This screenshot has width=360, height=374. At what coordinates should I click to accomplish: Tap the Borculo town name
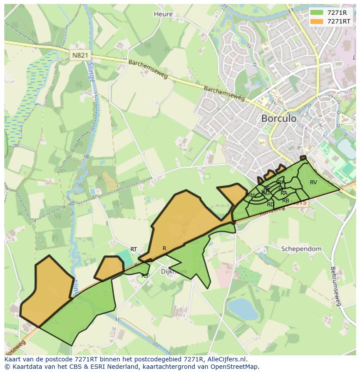pos(279,118)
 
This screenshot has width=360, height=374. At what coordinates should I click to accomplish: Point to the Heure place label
pos(163,14)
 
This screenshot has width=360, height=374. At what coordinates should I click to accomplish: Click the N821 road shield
pos(80,55)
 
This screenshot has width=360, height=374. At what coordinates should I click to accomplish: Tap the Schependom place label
pos(301,249)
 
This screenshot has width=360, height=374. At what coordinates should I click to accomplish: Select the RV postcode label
pos(313,182)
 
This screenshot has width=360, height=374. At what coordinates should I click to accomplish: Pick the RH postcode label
pos(251,195)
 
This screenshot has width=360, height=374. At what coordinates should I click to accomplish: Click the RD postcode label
pos(270,204)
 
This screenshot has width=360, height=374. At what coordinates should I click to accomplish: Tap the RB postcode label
pos(286,201)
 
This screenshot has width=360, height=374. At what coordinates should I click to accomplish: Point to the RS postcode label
pos(145,275)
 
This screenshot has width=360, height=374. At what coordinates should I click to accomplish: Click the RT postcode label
pos(133,249)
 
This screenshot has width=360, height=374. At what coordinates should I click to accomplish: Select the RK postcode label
pos(281,182)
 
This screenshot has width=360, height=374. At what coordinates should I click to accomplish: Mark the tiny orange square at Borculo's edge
pos(303,158)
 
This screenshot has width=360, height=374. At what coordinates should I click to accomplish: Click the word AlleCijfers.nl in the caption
pos(227,359)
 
